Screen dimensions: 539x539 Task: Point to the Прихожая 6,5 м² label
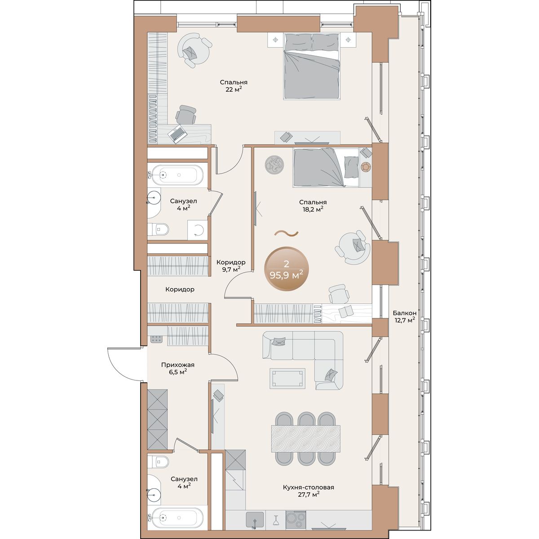[177, 368]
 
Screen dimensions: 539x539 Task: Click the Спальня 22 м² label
[234, 86]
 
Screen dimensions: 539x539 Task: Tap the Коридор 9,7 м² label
[231, 265]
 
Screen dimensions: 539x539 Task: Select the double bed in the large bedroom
[312, 66]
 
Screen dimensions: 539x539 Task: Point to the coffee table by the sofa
[287, 378]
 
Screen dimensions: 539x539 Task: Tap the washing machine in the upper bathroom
[198, 230]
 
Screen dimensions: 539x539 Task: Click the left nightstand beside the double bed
[276, 40]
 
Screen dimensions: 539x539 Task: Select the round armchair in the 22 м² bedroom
[194, 50]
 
